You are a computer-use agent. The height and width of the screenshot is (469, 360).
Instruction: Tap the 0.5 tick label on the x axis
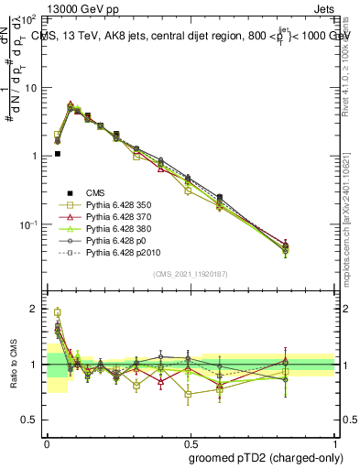tap(191, 443)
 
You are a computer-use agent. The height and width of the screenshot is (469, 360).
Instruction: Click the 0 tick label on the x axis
tap(47, 443)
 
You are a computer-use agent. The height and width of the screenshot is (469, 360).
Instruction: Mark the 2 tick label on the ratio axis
tap(33, 309)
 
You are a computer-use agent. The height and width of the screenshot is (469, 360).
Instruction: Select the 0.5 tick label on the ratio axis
tap(29, 420)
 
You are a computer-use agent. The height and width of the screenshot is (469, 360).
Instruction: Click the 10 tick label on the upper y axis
tap(29, 88)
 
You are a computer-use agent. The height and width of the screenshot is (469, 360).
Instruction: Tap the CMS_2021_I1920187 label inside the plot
tap(190, 274)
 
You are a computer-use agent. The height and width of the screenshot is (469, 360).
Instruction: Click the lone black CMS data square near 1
tap(57, 154)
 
